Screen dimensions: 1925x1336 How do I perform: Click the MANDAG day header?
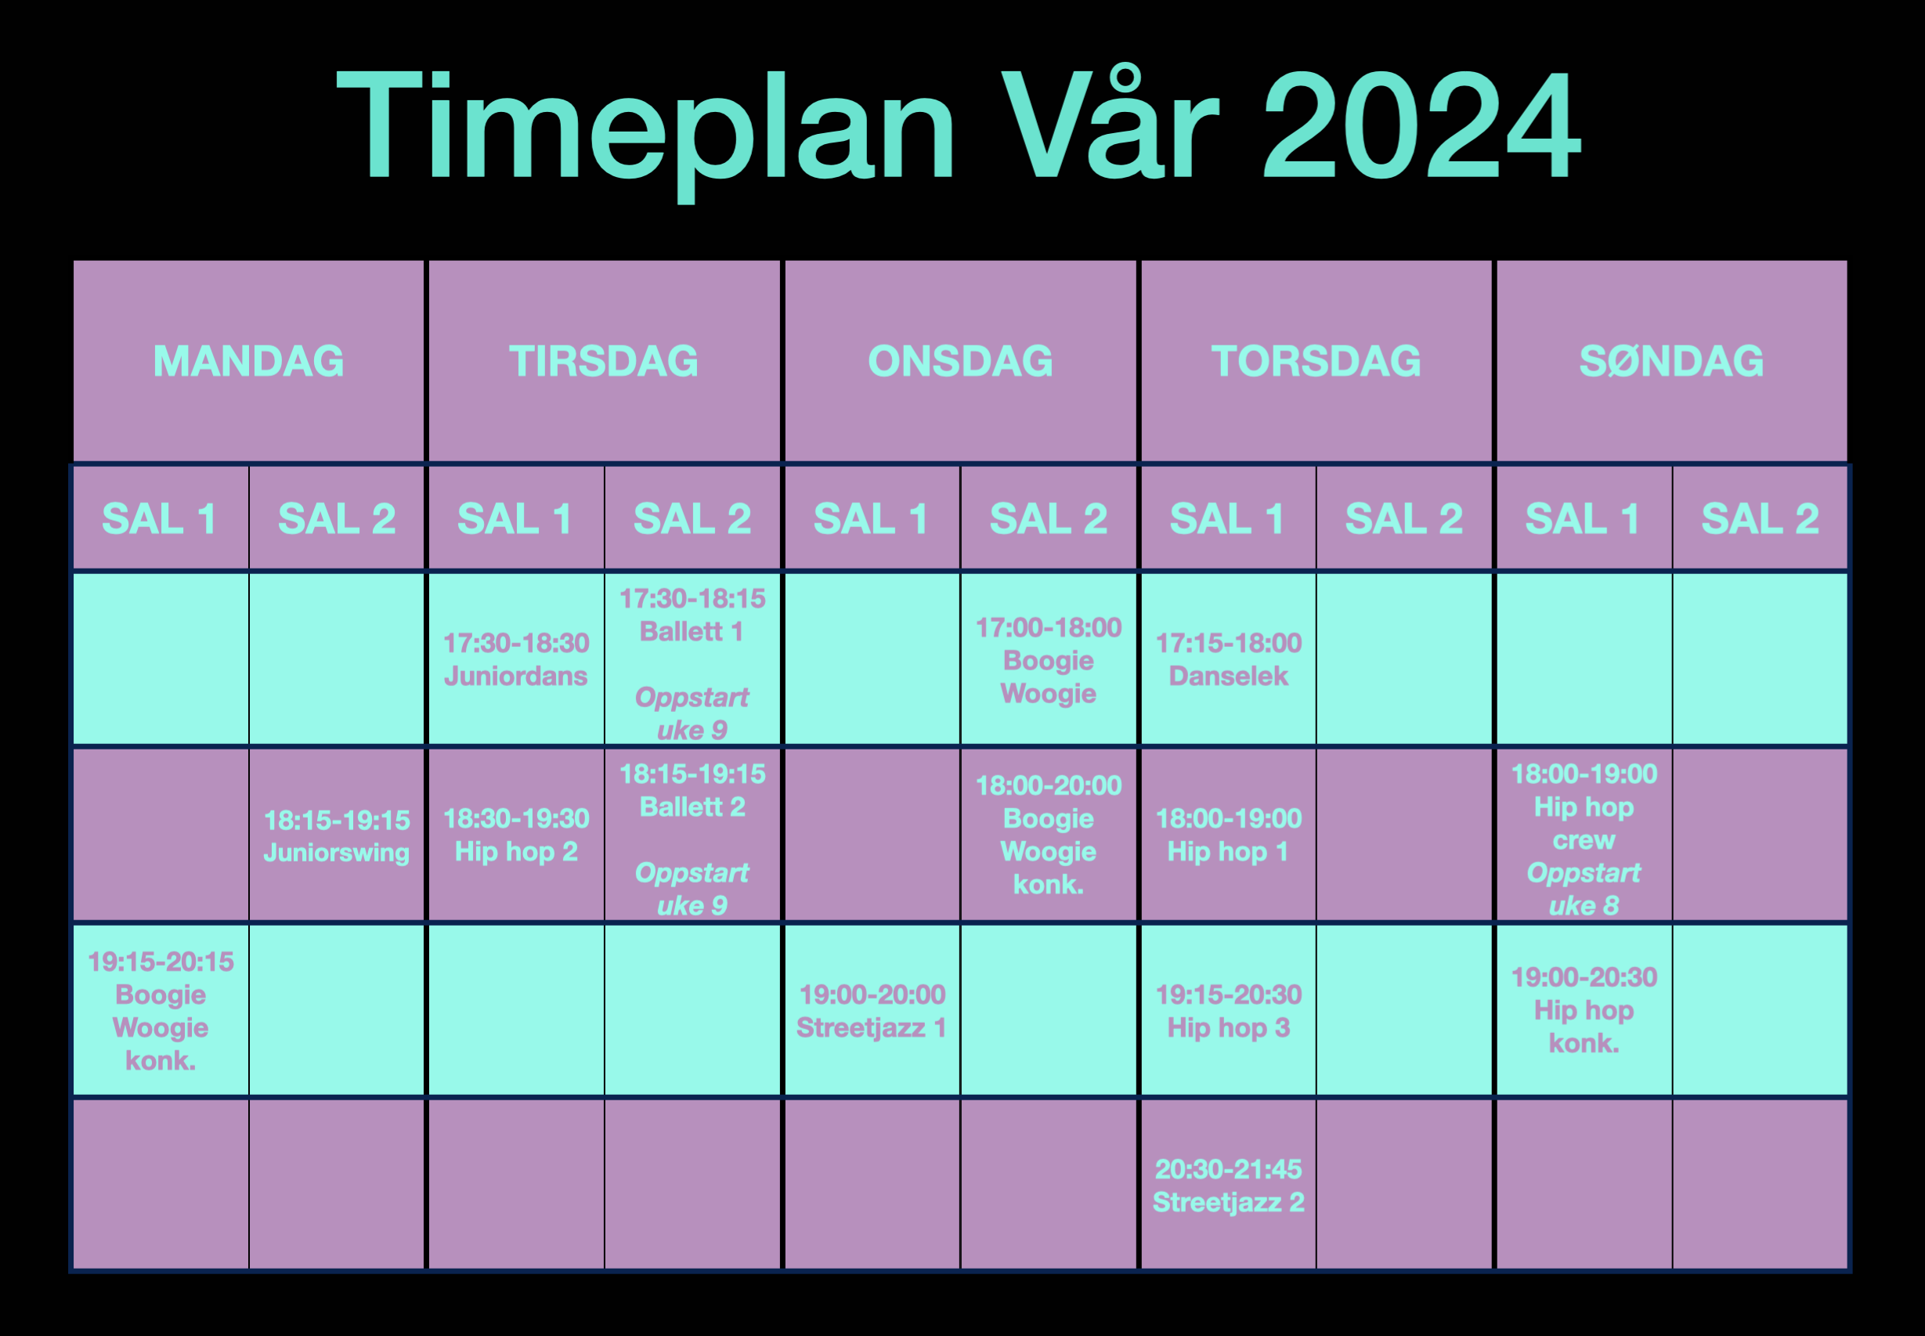[x=248, y=361]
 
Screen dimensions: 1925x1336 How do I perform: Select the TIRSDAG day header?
[x=604, y=361]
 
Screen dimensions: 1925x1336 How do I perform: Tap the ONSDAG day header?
[x=960, y=361]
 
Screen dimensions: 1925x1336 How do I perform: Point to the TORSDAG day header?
[x=1316, y=361]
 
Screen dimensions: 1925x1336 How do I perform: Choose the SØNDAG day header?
[x=1671, y=361]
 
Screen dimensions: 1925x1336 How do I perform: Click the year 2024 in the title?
[x=1421, y=125]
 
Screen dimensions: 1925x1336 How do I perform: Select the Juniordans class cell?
[x=516, y=659]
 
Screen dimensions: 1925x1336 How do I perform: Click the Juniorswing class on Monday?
[x=337, y=836]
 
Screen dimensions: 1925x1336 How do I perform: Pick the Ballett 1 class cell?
[x=692, y=659]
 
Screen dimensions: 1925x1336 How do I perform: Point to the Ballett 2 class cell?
[x=692, y=836]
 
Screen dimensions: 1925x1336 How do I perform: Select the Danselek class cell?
[x=1228, y=659]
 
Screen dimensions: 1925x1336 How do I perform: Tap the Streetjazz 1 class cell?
[x=872, y=1010]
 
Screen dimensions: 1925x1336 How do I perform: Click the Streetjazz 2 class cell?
[x=1228, y=1186]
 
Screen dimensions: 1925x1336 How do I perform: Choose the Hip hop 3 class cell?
[x=1228, y=1010]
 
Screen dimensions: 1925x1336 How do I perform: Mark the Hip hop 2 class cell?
[x=516, y=836]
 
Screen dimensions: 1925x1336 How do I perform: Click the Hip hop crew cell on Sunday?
[x=1584, y=836]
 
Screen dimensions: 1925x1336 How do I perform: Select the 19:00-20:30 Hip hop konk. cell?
[x=1584, y=1010]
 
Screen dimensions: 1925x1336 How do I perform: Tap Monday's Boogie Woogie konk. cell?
[x=161, y=1010]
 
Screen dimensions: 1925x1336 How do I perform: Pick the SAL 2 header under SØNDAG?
[x=1760, y=518]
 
